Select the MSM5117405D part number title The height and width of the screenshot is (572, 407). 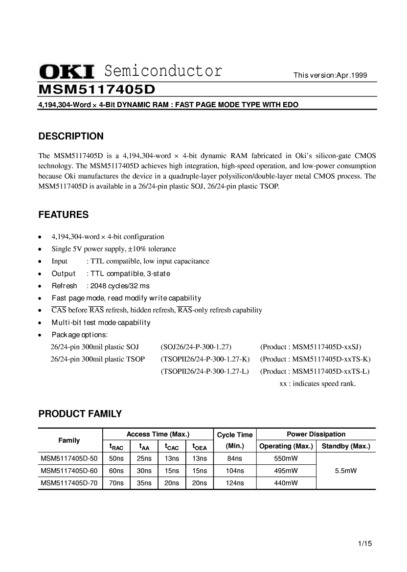click(x=96, y=89)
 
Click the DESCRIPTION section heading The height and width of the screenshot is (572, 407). click(x=71, y=136)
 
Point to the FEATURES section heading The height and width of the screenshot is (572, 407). click(x=64, y=214)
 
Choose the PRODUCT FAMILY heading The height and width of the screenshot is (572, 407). click(x=80, y=414)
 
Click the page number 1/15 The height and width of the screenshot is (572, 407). click(x=365, y=544)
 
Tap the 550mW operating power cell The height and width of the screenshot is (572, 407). click(x=286, y=458)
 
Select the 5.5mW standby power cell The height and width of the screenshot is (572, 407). click(x=346, y=471)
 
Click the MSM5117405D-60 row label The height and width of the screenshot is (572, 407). click(x=69, y=471)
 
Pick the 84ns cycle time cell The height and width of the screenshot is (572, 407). click(x=235, y=458)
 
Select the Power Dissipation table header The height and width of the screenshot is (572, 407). click(x=316, y=434)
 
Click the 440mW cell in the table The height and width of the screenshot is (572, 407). click(x=286, y=483)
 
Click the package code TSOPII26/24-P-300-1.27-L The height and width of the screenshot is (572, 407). click(x=204, y=371)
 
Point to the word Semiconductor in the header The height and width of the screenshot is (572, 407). click(x=164, y=71)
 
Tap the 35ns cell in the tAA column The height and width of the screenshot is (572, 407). click(x=144, y=483)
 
